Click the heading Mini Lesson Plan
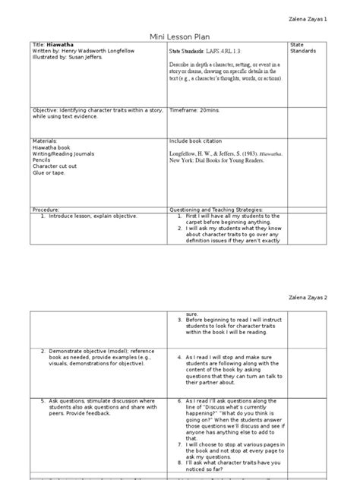click(x=180, y=35)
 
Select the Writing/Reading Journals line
click(x=65, y=153)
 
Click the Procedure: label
click(x=47, y=209)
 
